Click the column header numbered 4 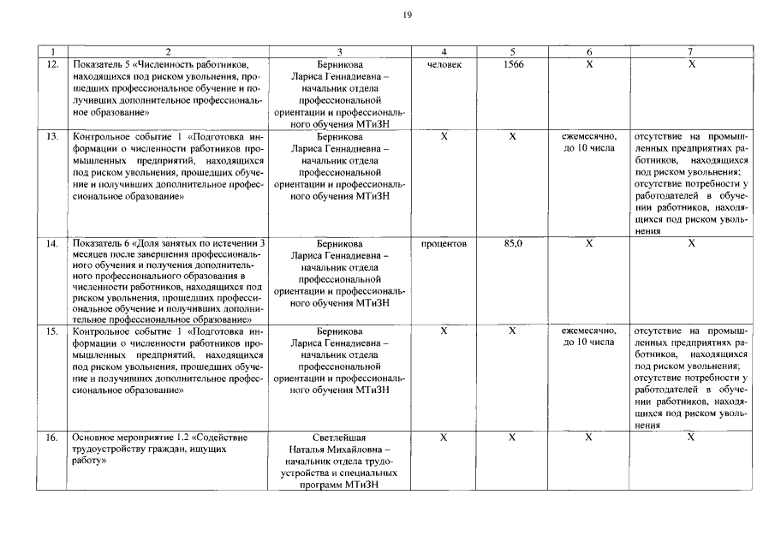pyautogui.click(x=444, y=52)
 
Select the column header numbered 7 pyautogui.click(x=691, y=52)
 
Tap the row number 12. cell pyautogui.click(x=52, y=64)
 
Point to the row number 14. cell pyautogui.click(x=52, y=244)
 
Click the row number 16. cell pyautogui.click(x=52, y=437)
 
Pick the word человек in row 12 pyautogui.click(x=444, y=64)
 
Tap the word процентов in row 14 pyautogui.click(x=444, y=244)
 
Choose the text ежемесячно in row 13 pyautogui.click(x=589, y=136)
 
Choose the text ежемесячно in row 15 pyautogui.click(x=589, y=331)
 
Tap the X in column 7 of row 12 pyautogui.click(x=691, y=64)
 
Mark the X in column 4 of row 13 pyautogui.click(x=444, y=136)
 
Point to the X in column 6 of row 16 pyautogui.click(x=589, y=437)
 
